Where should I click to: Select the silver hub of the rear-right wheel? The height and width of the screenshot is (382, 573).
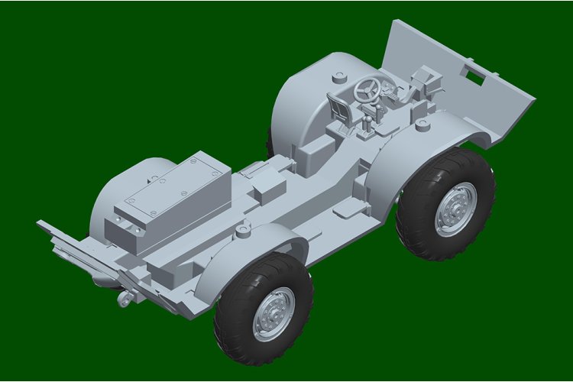point(274,313)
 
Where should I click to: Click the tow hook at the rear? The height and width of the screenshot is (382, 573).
point(122,299)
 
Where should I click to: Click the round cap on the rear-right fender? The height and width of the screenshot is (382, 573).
point(244,228)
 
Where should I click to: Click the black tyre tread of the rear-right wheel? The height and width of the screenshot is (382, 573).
point(229,321)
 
